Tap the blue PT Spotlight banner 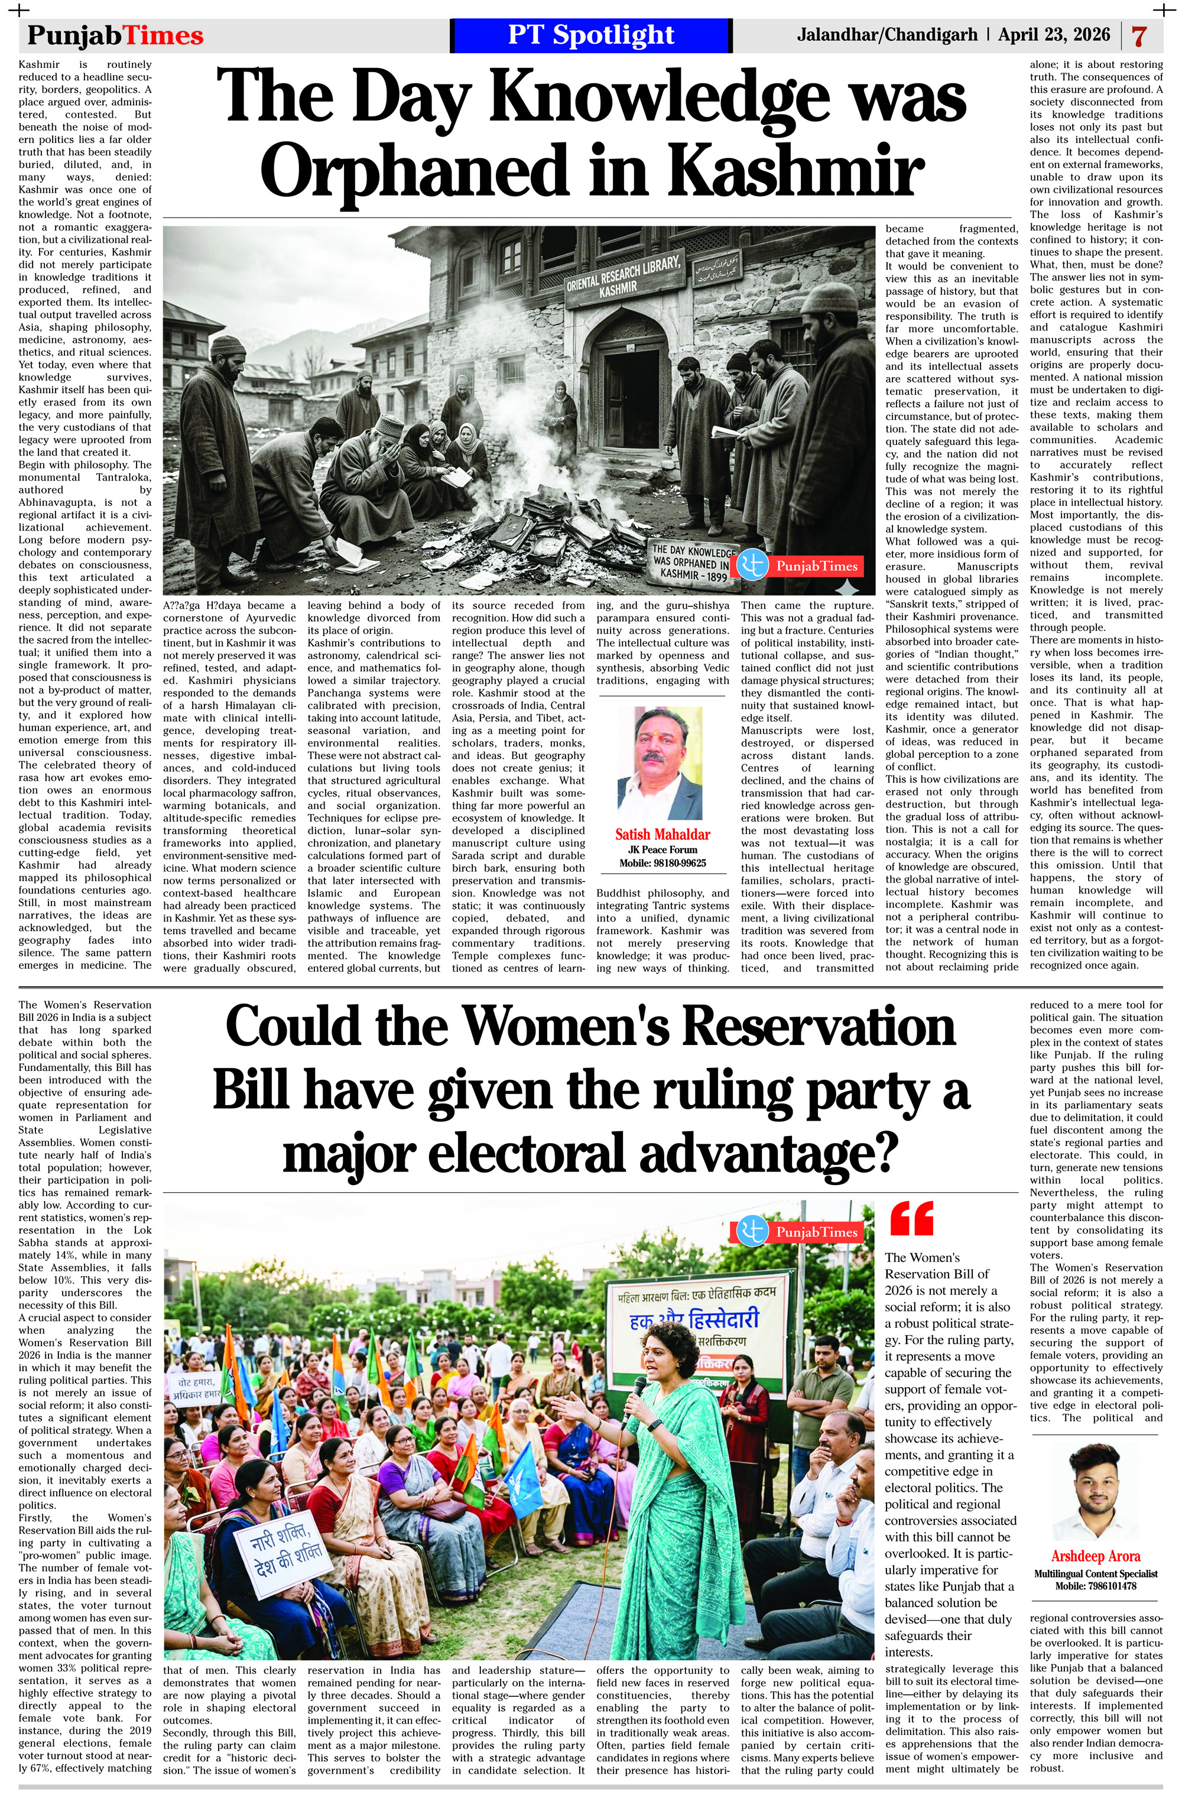590,35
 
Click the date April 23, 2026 1054,35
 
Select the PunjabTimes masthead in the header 115,35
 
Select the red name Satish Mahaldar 662,835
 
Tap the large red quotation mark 911,1219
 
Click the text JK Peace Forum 663,849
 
